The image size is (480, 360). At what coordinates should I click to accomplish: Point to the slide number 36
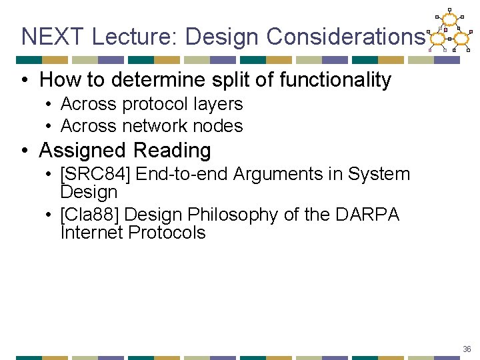tap(467, 349)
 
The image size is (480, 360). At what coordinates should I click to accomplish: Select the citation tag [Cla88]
tap(89, 215)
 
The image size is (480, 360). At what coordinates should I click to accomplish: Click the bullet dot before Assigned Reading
tap(25, 151)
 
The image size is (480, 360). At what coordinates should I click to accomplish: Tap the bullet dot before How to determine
tap(25, 81)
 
